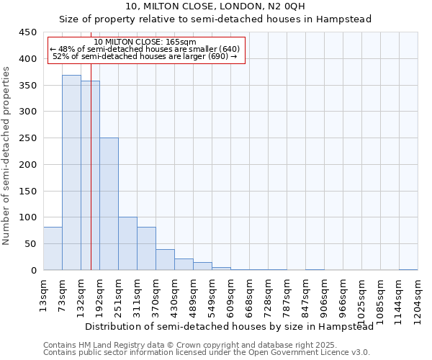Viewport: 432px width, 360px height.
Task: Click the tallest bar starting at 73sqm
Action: click(71, 173)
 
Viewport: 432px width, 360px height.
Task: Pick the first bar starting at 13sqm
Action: click(53, 248)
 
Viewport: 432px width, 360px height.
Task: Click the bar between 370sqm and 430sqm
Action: click(165, 260)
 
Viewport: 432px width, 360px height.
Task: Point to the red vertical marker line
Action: click(91, 180)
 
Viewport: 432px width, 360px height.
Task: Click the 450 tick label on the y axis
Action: click(27, 32)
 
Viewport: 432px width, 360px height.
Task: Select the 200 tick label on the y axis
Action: click(27, 165)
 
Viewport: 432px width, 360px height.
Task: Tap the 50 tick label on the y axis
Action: click(30, 244)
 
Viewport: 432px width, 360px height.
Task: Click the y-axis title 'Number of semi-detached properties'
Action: click(6, 156)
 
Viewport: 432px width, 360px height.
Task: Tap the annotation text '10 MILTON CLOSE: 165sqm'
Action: click(145, 42)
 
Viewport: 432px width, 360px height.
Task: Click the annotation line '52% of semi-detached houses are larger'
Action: click(145, 57)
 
